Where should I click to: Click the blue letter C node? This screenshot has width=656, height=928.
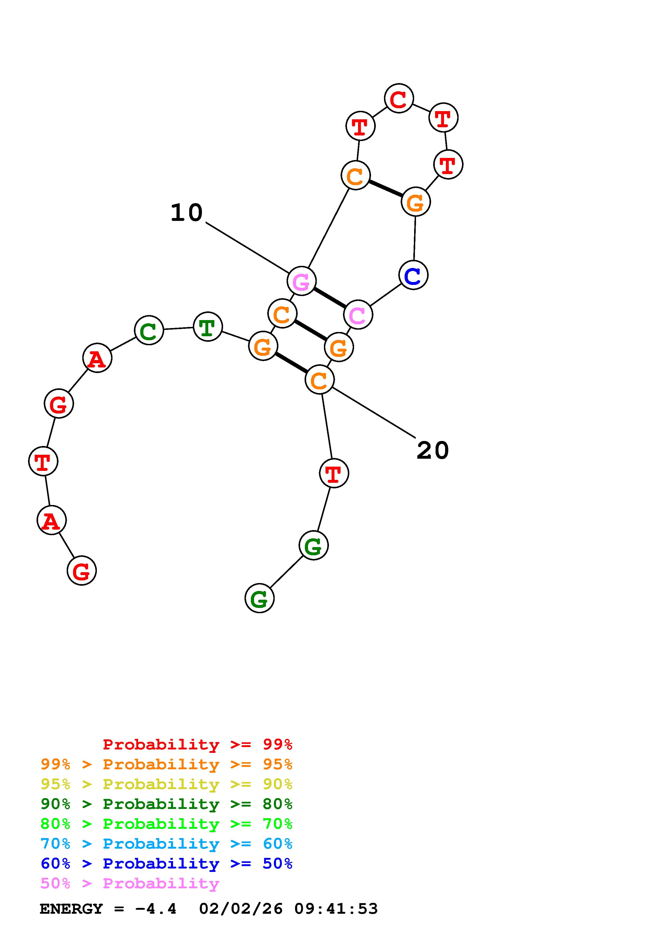[413, 275]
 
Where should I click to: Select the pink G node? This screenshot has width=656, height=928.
[301, 281]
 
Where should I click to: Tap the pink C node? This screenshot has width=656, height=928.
[358, 315]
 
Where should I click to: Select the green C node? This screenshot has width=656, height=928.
[149, 330]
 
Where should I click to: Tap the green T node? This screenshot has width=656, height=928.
[208, 327]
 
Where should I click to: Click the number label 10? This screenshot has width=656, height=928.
[186, 213]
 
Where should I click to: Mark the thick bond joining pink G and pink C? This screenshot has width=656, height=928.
[329, 298]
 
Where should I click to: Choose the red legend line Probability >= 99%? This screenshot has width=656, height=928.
[197, 744]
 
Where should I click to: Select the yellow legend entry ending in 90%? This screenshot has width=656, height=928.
[166, 784]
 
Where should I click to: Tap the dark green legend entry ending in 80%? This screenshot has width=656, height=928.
[166, 804]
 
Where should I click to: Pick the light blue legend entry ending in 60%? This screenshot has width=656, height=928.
[166, 844]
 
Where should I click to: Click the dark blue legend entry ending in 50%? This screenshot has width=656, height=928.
[166, 863]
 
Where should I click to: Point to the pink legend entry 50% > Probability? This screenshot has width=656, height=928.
[130, 883]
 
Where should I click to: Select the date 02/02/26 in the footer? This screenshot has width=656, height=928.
[241, 909]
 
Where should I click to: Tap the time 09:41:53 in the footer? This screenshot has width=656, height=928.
[336, 909]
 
